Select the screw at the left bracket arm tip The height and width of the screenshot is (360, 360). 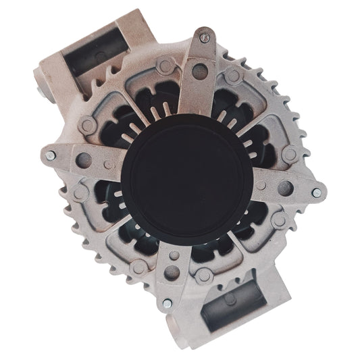[x=51, y=156]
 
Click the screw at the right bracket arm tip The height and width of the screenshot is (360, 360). [x=316, y=193]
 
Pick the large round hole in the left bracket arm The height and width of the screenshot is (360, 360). [x=84, y=159]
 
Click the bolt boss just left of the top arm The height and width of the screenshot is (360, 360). [x=164, y=67]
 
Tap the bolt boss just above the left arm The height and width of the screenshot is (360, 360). [x=87, y=126]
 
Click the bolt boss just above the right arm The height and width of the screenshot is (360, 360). [x=290, y=154]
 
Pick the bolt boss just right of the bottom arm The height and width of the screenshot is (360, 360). [x=203, y=275]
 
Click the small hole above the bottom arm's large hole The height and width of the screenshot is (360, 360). [x=175, y=255]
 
